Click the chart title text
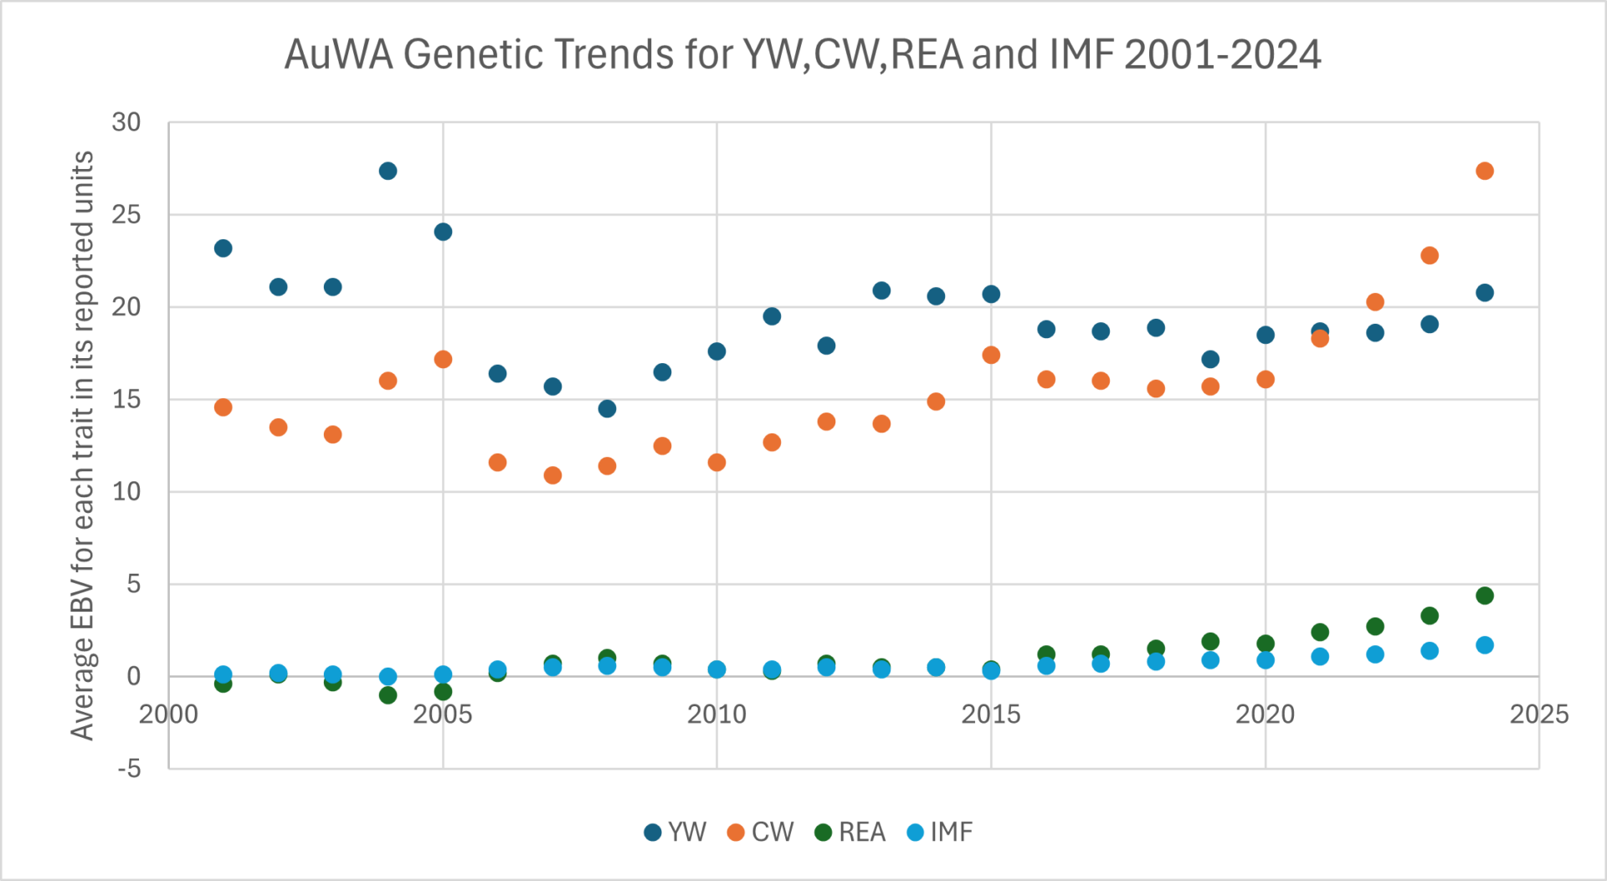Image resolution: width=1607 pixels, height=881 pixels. (802, 55)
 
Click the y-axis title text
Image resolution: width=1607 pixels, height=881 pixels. (82, 445)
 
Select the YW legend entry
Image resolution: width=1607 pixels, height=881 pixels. (675, 832)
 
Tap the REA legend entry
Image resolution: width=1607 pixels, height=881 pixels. (850, 832)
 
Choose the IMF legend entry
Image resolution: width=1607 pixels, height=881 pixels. (940, 832)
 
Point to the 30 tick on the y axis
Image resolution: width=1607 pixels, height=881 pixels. (126, 122)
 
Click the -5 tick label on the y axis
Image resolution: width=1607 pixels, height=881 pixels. (129, 768)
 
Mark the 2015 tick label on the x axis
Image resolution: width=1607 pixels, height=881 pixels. (990, 715)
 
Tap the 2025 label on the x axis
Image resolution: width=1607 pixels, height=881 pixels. (1538, 715)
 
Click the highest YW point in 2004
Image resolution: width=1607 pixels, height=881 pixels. (388, 171)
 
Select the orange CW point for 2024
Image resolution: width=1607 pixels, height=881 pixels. (1484, 171)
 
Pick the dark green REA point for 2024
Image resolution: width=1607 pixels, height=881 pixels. (1484, 596)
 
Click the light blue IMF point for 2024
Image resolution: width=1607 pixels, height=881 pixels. (1484, 645)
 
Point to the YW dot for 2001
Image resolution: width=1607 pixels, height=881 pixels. (223, 248)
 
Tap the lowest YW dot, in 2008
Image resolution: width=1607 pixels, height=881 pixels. (607, 408)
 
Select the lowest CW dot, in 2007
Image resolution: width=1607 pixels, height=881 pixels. (552, 475)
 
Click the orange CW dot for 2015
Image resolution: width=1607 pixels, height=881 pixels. (991, 355)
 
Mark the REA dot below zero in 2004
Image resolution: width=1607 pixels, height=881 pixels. (388, 695)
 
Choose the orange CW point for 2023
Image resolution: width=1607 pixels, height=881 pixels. (1430, 255)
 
